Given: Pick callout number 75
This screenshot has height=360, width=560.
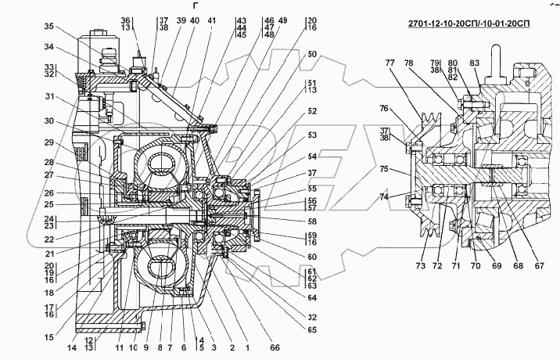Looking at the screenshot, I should tap(383, 168).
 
